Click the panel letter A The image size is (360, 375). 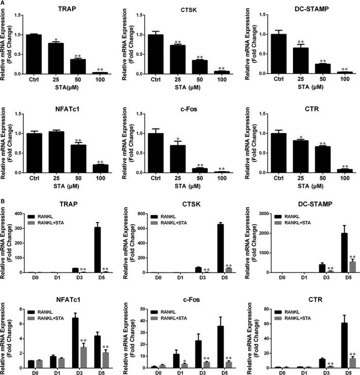click(4, 4)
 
